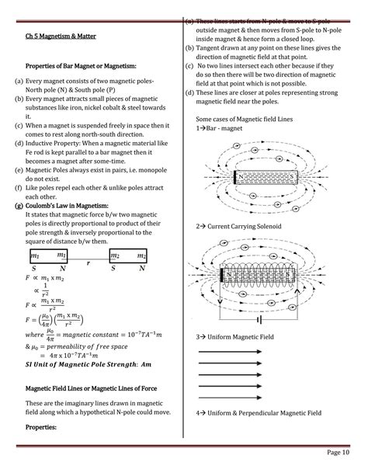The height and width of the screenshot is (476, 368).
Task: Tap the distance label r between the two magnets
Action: point(88,263)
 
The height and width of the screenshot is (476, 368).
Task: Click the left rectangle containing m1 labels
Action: point(47,255)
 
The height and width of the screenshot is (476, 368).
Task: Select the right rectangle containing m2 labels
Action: point(128,255)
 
